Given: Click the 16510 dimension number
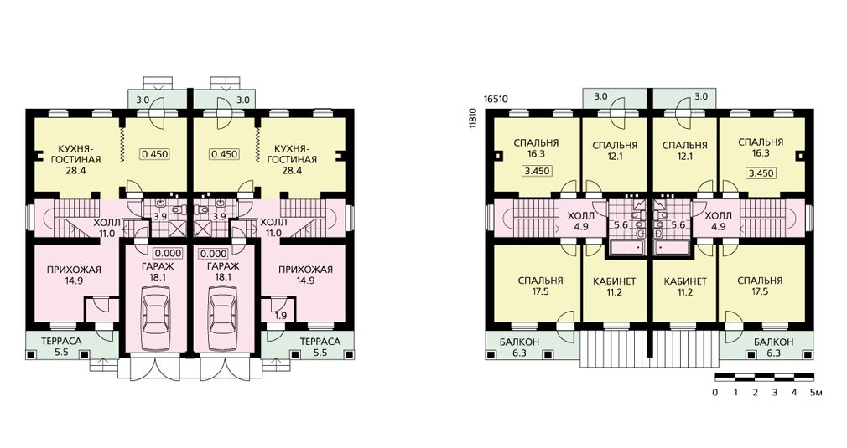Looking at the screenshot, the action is [x=496, y=100].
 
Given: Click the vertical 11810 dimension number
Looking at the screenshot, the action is [x=473, y=118].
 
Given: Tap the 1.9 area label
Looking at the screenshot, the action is [x=280, y=316].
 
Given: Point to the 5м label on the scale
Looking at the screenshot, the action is [x=816, y=393].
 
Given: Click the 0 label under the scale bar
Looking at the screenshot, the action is [x=715, y=393].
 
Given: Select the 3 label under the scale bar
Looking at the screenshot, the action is [x=775, y=393].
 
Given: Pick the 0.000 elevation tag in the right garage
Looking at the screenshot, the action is [x=214, y=254].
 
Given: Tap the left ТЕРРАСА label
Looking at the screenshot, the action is [x=61, y=342].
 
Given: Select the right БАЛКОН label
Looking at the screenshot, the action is [x=773, y=342].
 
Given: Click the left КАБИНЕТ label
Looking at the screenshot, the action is [x=614, y=281].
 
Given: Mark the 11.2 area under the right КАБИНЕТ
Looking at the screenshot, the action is [x=684, y=293].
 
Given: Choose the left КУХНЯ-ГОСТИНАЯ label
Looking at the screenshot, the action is [x=79, y=153].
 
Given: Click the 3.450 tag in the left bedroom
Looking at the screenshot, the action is [x=537, y=171].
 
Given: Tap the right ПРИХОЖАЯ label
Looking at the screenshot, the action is [x=305, y=270].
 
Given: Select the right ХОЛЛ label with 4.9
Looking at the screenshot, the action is [x=719, y=216].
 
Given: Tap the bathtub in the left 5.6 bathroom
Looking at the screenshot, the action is [x=626, y=248].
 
